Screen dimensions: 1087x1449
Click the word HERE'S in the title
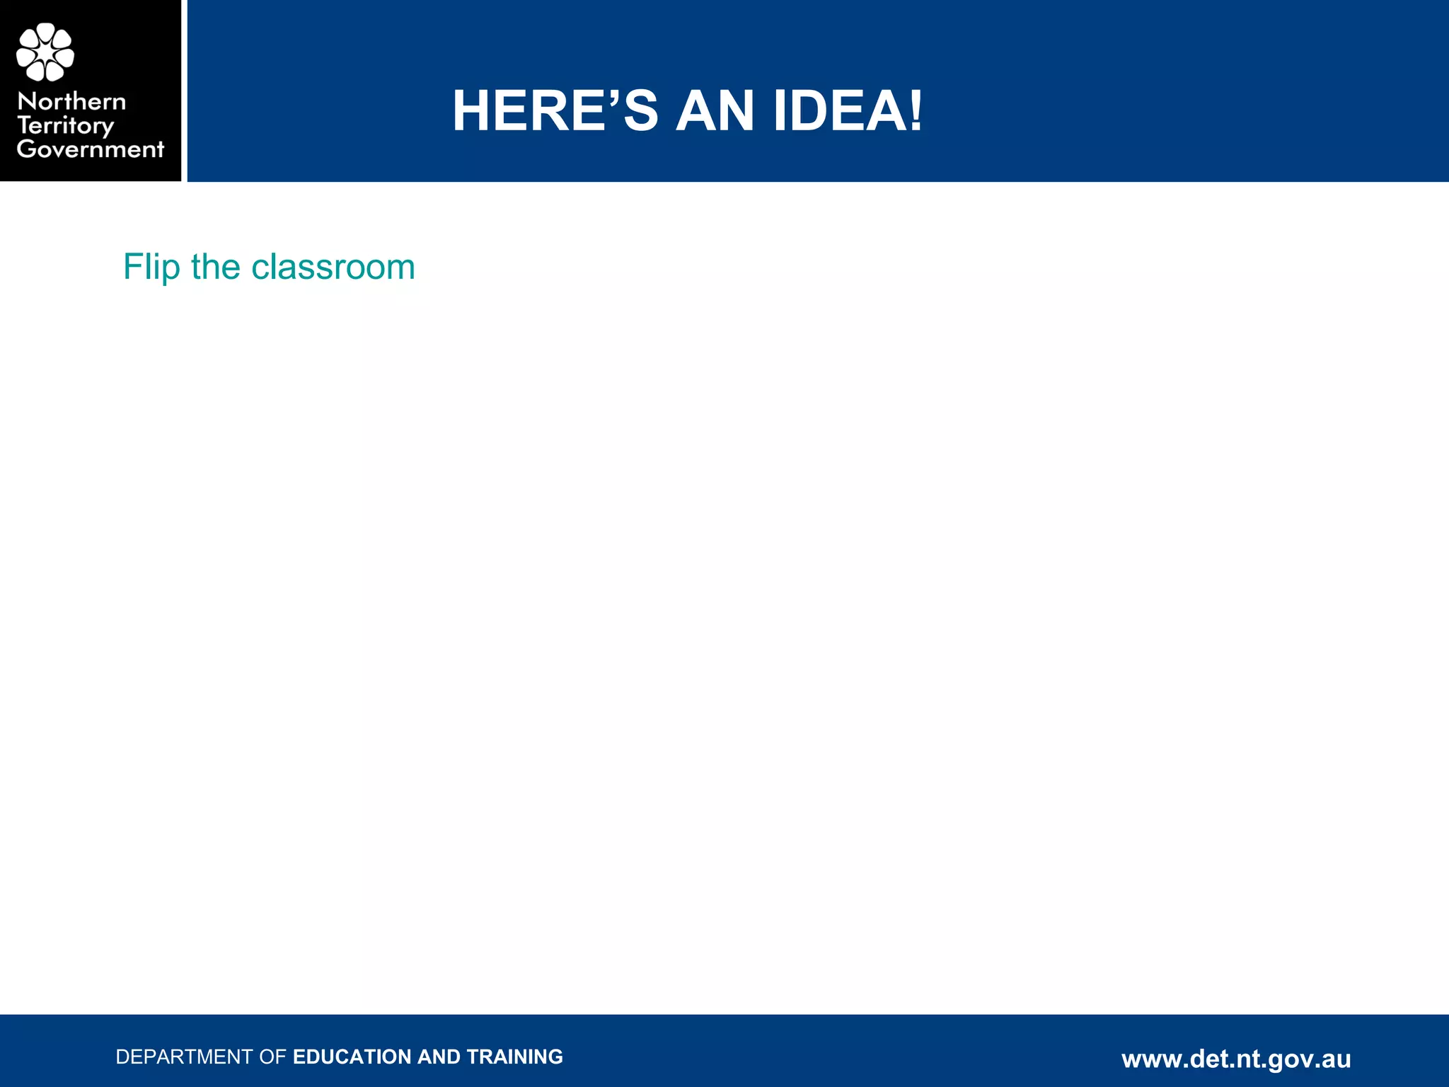click(555, 111)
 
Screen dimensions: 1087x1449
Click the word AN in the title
click(715, 111)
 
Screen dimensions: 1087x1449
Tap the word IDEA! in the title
click(848, 111)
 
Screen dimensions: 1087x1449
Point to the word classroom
click(333, 268)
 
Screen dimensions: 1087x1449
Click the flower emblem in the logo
click(45, 52)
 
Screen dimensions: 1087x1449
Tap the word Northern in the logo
click(71, 101)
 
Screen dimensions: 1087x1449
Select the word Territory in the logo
click(65, 126)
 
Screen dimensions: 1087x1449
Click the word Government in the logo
click(91, 149)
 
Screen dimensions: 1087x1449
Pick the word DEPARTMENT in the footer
click(184, 1057)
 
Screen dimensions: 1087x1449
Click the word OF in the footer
click(272, 1057)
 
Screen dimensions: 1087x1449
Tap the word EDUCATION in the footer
click(352, 1057)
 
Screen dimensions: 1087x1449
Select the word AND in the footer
click(439, 1057)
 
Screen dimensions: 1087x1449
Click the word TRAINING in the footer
click(515, 1057)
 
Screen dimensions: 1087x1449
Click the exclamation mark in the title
click(916, 111)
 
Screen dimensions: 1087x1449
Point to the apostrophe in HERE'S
click(613, 96)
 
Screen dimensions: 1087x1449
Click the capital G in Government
click(26, 149)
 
